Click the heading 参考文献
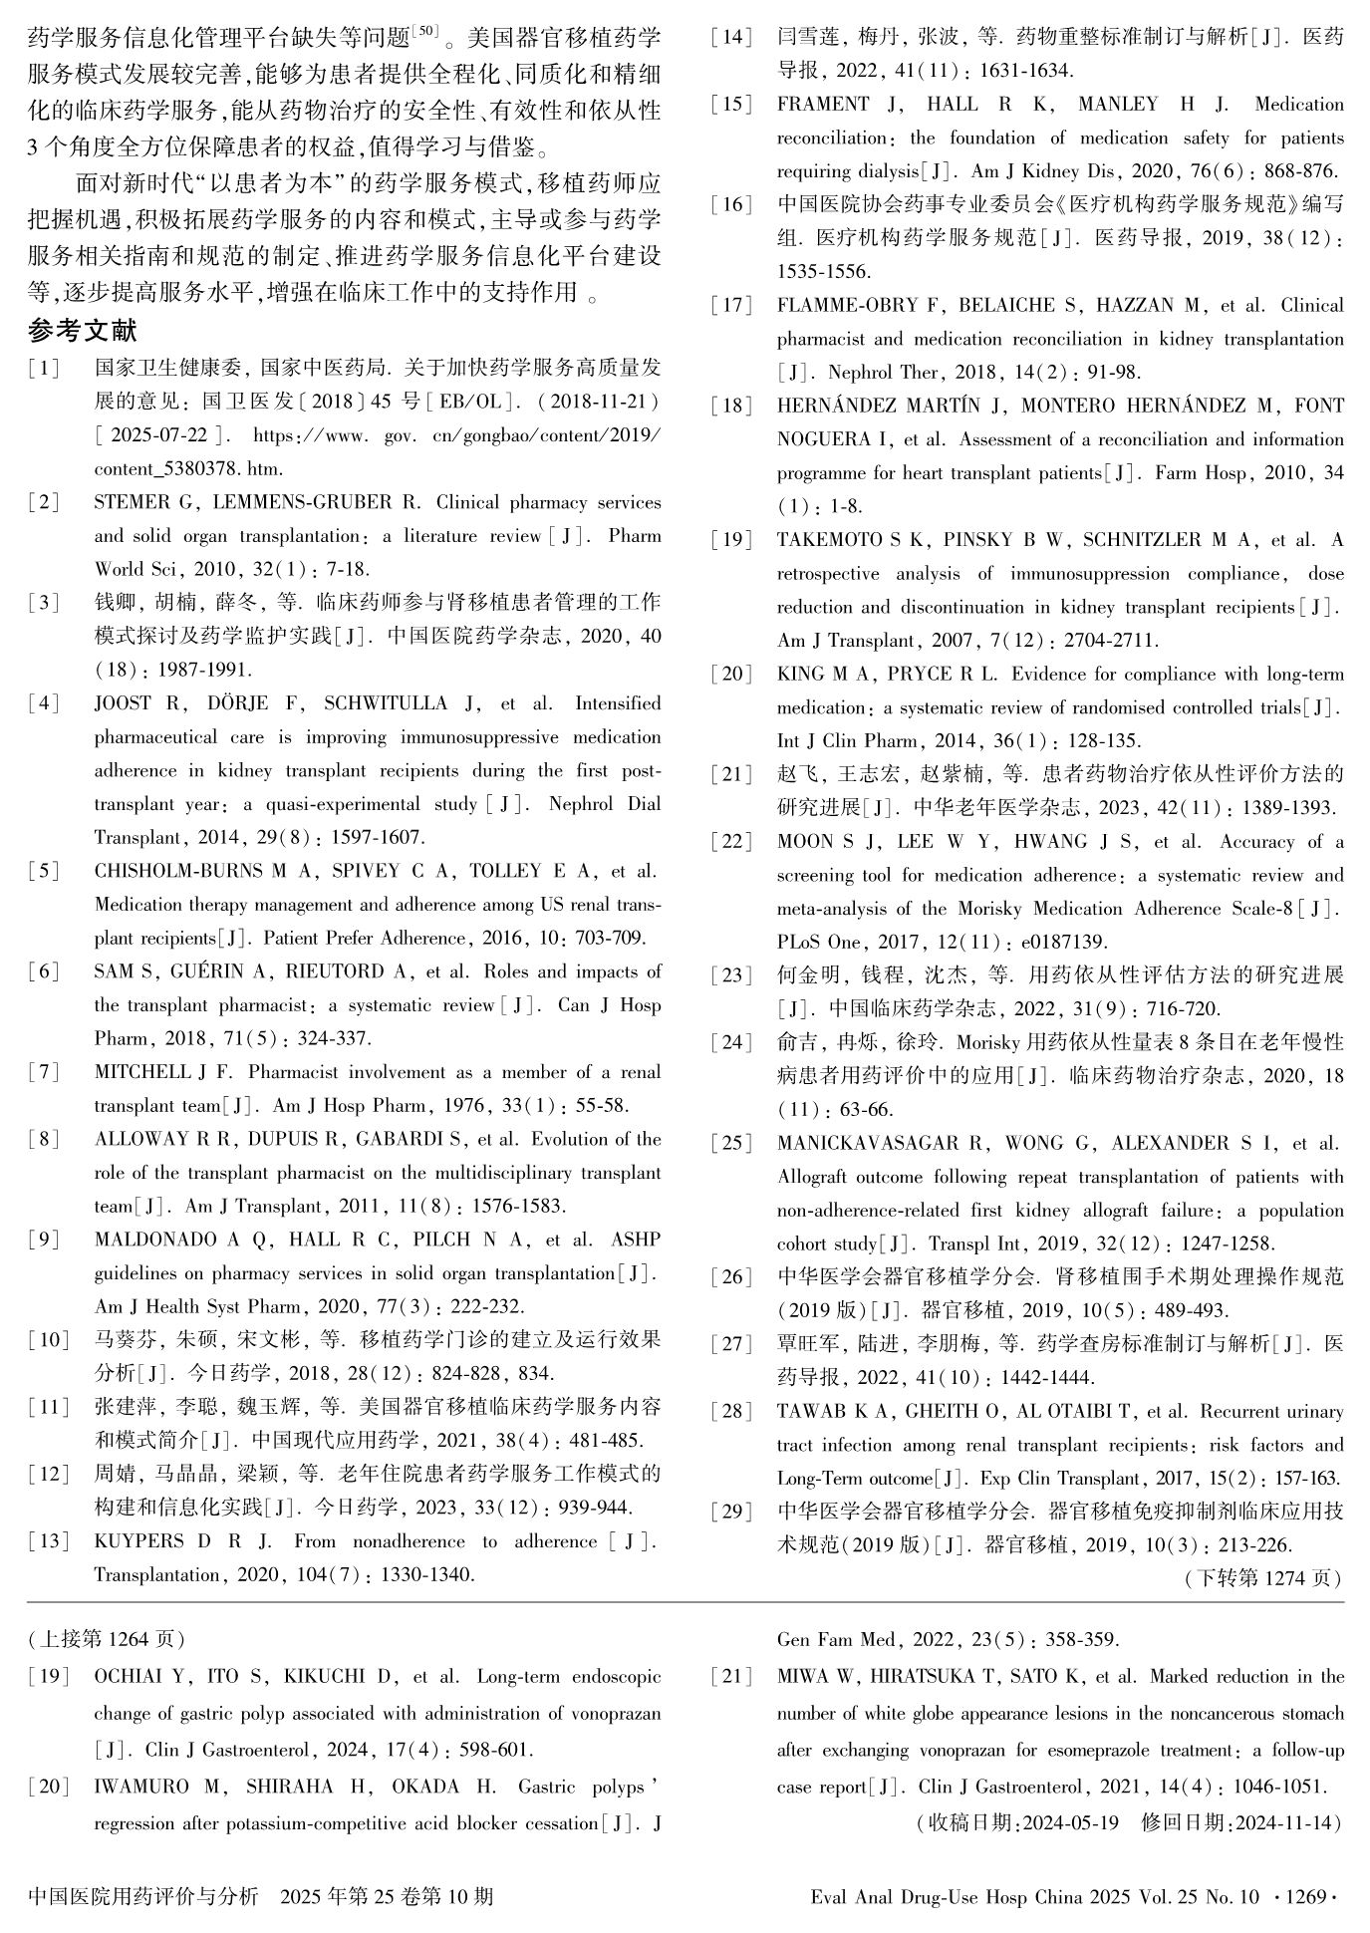pos(83,331)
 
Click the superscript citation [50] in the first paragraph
pos(424,32)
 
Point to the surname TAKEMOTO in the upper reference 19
pos(830,540)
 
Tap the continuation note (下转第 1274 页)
pos(1263,1579)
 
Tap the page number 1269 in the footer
pos(1304,1896)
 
